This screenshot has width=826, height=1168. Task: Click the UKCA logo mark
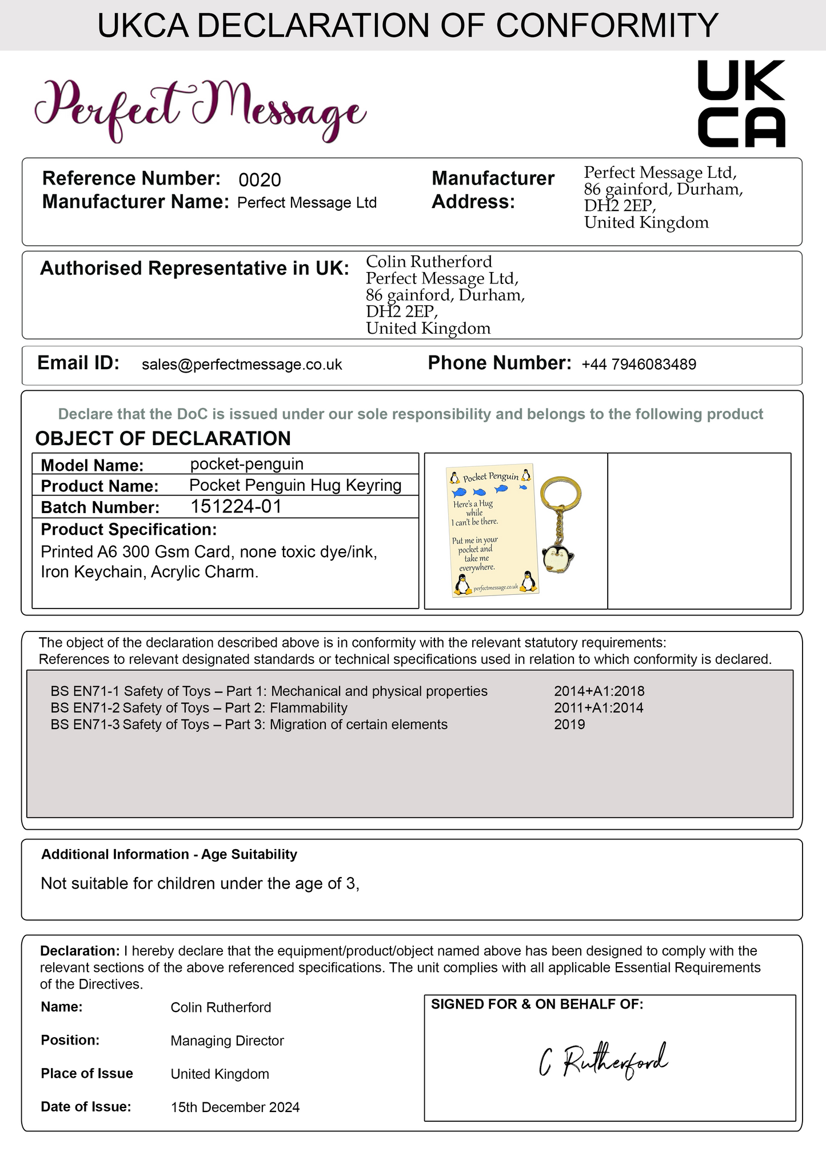pos(741,104)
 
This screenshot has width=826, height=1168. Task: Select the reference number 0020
pos(260,181)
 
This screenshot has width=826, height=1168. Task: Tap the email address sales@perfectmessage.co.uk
pos(242,365)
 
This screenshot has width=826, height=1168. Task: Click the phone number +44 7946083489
pos(639,365)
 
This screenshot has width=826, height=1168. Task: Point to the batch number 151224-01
pos(236,507)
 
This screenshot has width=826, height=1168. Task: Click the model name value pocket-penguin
pos(246,464)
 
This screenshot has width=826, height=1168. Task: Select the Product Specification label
pos(129,530)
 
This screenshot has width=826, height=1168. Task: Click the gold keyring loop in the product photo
pos(560,492)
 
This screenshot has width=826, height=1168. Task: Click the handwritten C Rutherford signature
pos(603,1062)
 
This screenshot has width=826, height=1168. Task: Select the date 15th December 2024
pos(235,1107)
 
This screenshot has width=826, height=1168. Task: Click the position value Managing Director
pos(227,1041)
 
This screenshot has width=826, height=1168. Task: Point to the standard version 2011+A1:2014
pos(598,708)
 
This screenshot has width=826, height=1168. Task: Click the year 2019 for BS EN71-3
pos(569,725)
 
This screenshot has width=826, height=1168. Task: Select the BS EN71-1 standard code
pos(85,691)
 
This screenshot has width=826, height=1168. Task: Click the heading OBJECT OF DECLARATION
pos(163,438)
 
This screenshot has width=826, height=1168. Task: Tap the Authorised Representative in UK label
pos(194,268)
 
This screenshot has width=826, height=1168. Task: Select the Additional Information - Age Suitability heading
pos(169,854)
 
